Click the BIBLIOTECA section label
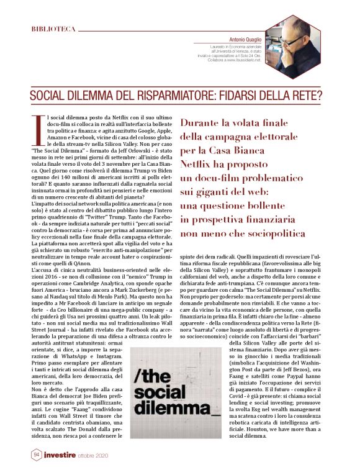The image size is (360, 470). coord(54,29)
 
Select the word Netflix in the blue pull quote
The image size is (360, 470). coord(200,165)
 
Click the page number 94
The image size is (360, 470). coord(36,454)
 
